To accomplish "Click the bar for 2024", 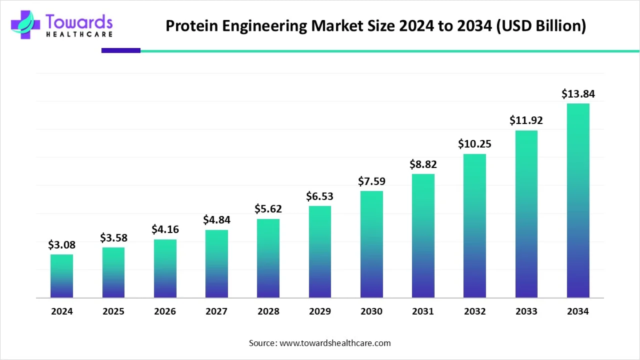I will pos(62,276).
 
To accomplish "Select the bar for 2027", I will pos(217,263).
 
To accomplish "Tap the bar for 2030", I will pos(372,244).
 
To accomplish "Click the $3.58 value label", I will pos(114,237).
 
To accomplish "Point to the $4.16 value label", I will pos(165,229).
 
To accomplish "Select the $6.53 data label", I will pos(320,196).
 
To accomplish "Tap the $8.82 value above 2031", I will pos(423,164).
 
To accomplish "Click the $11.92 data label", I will pos(526,120).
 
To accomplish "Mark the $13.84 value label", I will pos(578,94).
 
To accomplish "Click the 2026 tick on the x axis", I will pos(165,311).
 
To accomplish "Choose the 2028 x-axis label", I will pos(268,311).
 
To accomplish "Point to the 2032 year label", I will pos(475,311).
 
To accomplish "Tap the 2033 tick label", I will pos(526,311).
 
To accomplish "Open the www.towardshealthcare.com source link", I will pos(335,343).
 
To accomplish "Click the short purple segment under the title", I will pos(121,51).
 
